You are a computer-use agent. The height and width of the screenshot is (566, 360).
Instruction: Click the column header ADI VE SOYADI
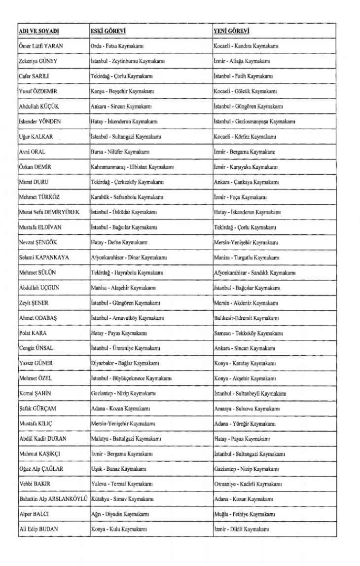pyautogui.click(x=39, y=31)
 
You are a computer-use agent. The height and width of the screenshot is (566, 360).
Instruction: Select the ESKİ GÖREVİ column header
pyautogui.click(x=108, y=31)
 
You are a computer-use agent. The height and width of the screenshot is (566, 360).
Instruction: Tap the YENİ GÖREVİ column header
pyautogui.click(x=231, y=31)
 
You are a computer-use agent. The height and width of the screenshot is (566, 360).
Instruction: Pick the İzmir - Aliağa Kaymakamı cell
pyautogui.click(x=242, y=61)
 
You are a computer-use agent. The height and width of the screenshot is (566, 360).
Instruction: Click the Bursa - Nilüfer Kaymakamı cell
pyautogui.click(x=117, y=151)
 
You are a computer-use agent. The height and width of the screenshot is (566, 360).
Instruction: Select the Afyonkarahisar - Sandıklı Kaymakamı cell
pyautogui.click(x=254, y=272)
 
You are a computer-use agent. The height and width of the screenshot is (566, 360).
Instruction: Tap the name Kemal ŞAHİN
pyautogui.click(x=36, y=393)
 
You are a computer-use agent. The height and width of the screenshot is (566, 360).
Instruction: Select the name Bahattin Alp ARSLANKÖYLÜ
pyautogui.click(x=53, y=499)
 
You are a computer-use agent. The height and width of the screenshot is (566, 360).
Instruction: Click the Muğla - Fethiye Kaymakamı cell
pyautogui.click(x=244, y=514)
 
